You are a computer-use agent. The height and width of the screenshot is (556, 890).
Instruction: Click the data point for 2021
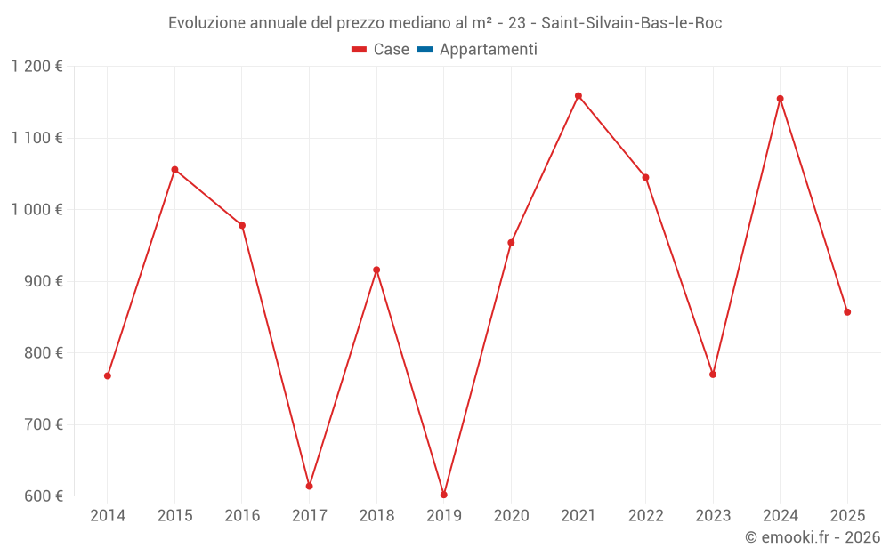[578, 96]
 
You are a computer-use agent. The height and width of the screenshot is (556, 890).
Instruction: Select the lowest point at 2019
[444, 495]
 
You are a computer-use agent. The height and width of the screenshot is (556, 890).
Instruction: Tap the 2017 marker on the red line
[309, 486]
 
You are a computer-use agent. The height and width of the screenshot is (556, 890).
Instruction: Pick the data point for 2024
[781, 99]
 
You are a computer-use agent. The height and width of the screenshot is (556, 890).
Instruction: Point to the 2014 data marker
[108, 375]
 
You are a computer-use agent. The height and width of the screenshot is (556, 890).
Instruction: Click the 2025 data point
[847, 312]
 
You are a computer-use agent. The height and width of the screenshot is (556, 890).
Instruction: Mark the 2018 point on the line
[376, 270]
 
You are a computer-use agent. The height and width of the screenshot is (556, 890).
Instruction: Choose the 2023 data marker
[713, 375]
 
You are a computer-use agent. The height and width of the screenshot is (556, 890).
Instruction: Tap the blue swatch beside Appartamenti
[425, 50]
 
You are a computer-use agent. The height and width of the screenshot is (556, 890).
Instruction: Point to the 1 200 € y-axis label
[36, 67]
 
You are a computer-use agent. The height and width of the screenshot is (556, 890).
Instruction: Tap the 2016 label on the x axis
[242, 515]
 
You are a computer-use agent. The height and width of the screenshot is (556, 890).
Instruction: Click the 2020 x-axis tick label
[511, 515]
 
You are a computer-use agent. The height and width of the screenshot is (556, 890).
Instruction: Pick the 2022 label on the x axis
[645, 515]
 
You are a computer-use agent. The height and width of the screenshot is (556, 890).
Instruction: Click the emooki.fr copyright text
[812, 537]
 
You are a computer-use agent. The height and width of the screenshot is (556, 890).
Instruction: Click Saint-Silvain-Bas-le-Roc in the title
[631, 23]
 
